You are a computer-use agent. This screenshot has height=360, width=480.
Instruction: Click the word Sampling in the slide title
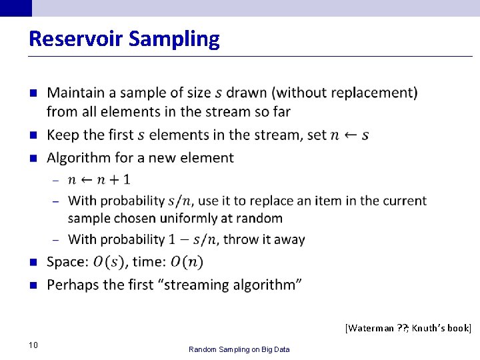(x=174, y=39)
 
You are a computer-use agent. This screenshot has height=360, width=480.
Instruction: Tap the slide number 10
(x=33, y=345)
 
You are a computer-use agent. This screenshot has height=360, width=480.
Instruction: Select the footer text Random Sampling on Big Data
(x=239, y=349)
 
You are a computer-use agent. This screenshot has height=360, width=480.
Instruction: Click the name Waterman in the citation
(x=370, y=328)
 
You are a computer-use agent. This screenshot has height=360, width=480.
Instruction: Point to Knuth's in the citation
(x=427, y=328)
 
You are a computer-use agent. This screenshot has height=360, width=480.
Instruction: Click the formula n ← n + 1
(x=99, y=179)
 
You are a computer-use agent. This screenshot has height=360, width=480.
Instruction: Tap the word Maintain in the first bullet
(x=74, y=93)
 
